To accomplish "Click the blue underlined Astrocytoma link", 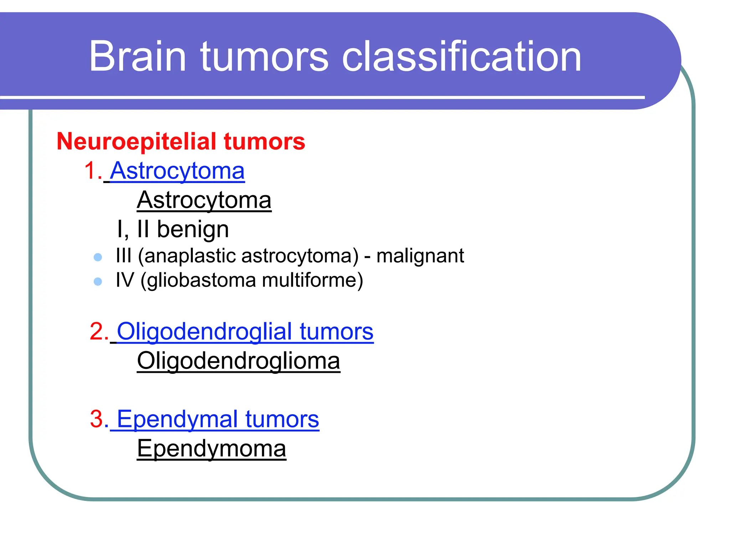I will point(177,171).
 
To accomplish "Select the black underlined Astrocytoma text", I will point(204,200).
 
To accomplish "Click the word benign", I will point(192,229).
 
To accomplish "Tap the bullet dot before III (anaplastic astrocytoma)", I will point(98,257).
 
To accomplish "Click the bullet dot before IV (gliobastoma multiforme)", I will point(98,281).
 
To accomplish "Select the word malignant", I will point(420,256).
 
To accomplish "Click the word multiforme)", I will point(312,280).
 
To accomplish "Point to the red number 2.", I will point(97,331).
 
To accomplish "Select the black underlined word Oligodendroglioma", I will point(238,361).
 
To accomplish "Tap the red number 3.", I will point(97,419).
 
